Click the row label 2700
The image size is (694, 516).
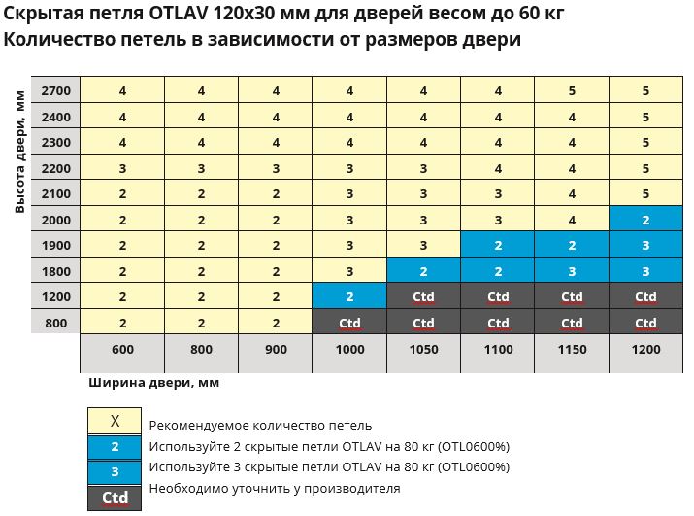[55, 90]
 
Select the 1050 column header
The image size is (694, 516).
[424, 349]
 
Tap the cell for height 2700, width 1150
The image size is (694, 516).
[572, 90]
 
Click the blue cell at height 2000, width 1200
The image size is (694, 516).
[645, 220]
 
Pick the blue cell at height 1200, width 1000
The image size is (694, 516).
[349, 296]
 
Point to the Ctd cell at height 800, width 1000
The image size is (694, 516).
[349, 323]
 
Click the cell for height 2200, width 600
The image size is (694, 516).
[123, 168]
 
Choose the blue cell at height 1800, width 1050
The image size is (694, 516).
[424, 271]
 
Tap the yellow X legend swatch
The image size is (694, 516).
[115, 422]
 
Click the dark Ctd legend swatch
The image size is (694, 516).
[115, 497]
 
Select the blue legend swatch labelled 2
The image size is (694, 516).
[115, 447]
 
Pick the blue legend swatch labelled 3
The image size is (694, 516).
[115, 471]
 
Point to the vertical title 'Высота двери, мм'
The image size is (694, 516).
[18, 160]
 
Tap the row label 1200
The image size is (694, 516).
[55, 296]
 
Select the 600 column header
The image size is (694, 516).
[123, 349]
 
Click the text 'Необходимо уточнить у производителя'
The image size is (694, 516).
[274, 488]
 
